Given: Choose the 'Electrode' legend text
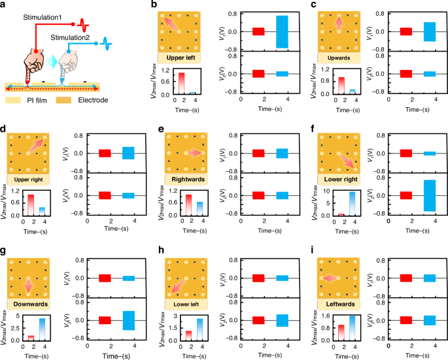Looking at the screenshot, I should click(88, 101).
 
